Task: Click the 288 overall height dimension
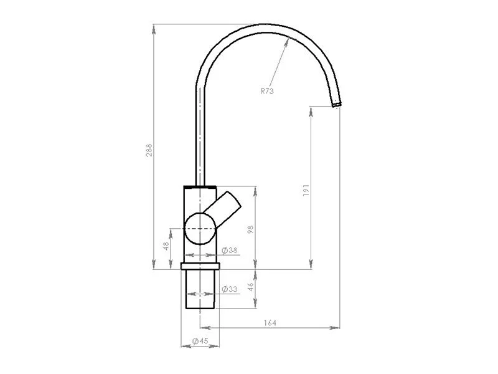149,150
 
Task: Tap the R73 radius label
267,91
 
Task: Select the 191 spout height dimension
306,190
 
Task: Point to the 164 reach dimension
270,323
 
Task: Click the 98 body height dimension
251,229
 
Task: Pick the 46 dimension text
251,287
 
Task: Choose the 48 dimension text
166,246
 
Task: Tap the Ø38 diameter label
229,251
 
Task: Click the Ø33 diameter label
229,289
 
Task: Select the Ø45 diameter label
200,341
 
